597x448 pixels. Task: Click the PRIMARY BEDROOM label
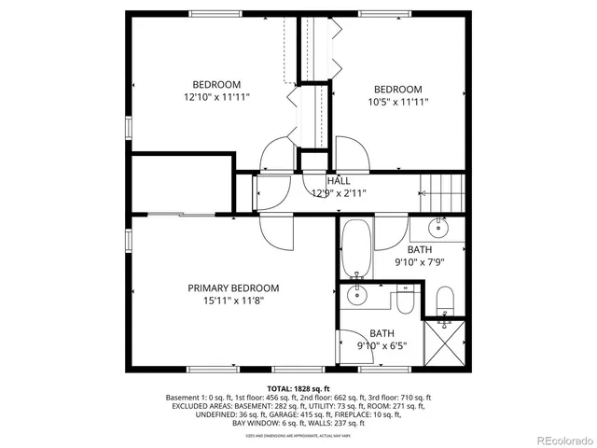pos(232,288)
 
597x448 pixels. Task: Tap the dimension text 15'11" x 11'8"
pos(232,301)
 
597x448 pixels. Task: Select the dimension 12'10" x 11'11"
pos(216,96)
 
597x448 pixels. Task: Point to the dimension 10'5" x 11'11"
pos(398,103)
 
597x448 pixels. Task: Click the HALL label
pos(338,180)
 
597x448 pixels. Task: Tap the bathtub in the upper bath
pos(356,249)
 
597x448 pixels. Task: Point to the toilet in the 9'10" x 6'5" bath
pos(405,302)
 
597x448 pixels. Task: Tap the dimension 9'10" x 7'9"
pos(419,262)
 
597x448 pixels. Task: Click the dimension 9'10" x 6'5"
pos(382,345)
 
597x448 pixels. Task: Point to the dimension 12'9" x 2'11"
pos(338,193)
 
